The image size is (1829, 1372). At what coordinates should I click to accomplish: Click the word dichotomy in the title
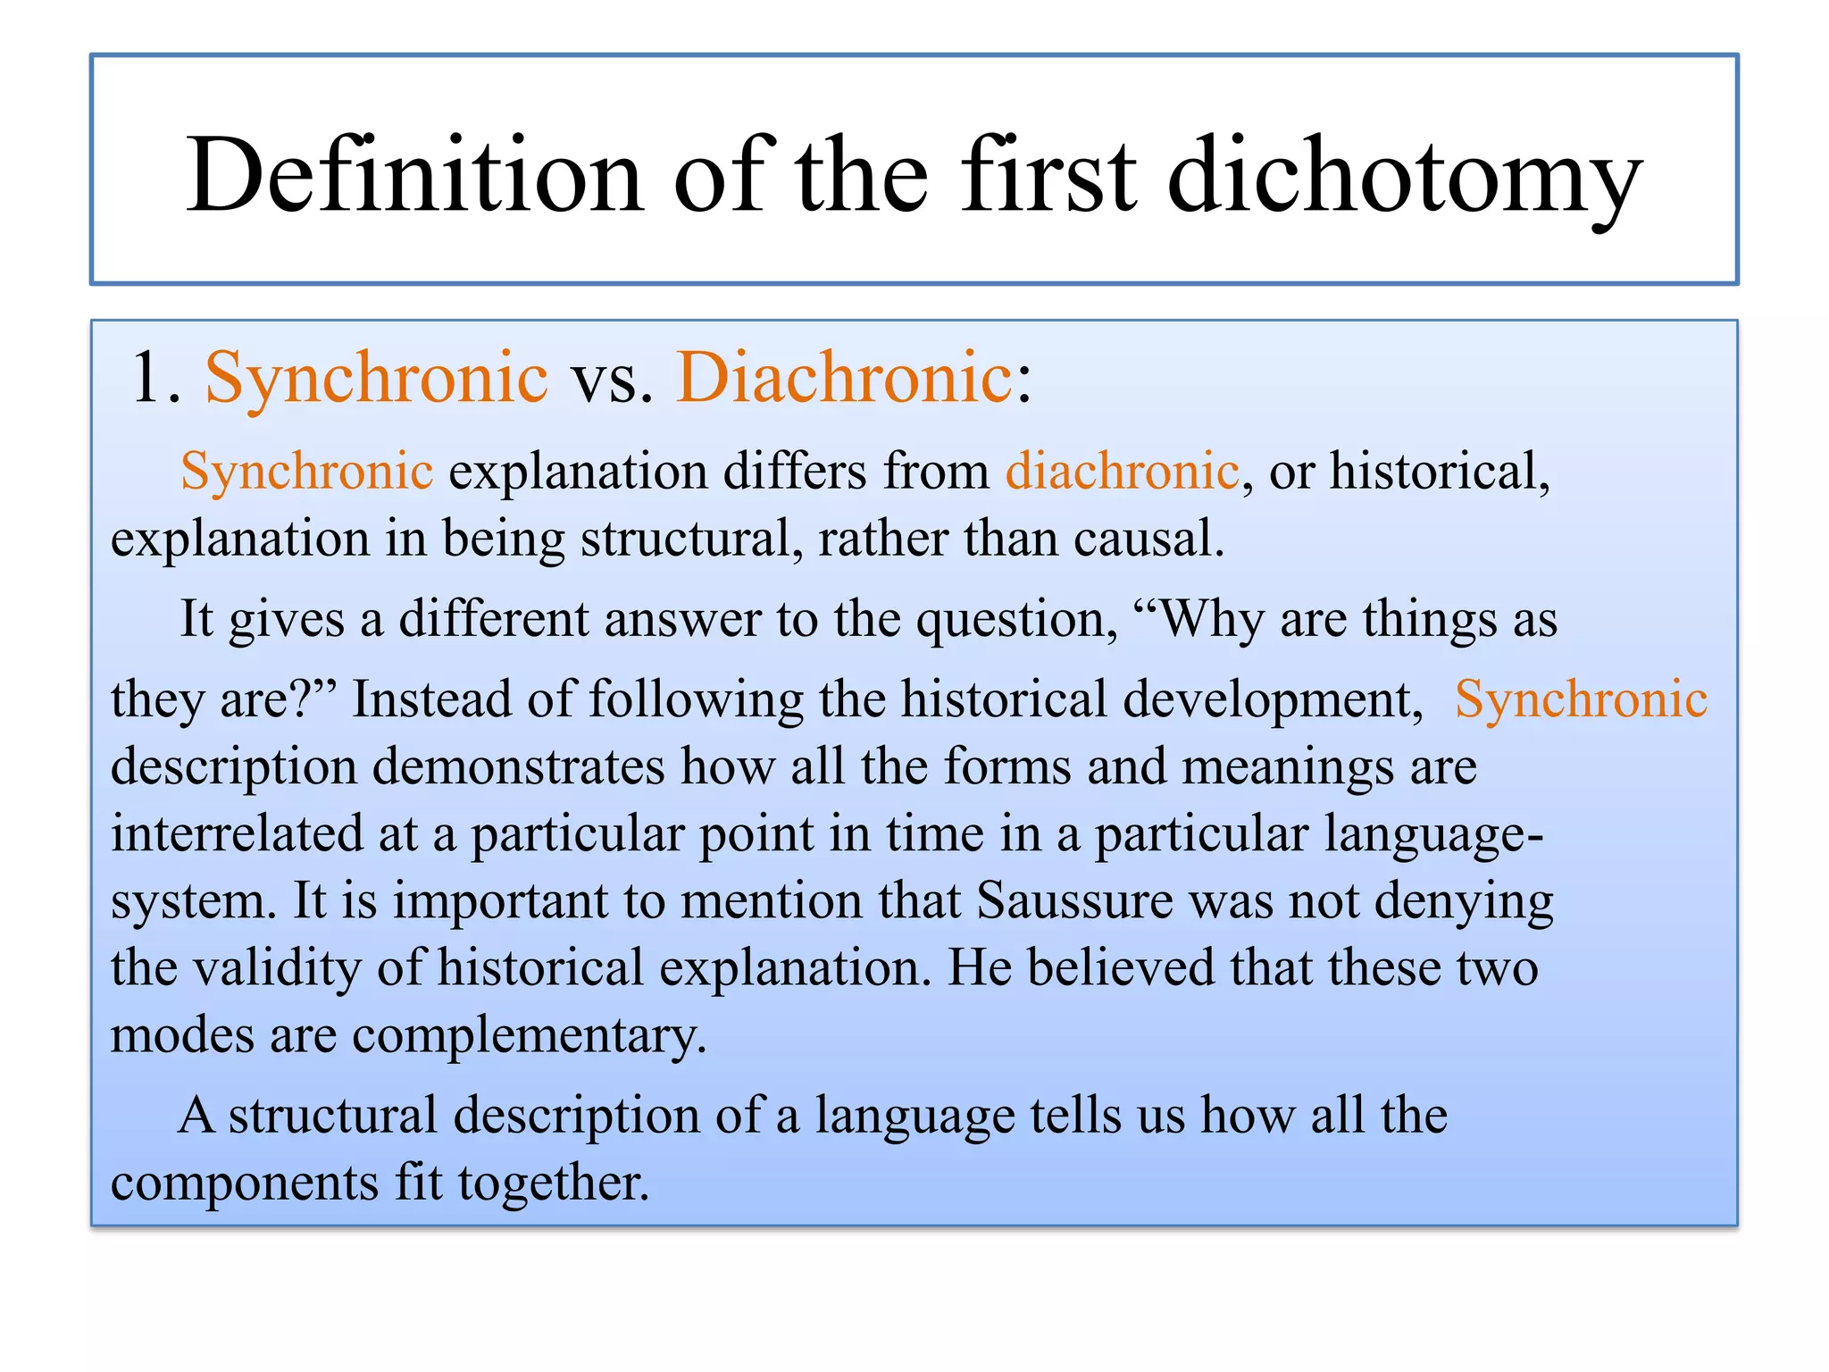pyautogui.click(x=1404, y=176)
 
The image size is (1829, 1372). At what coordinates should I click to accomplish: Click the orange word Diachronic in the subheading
pyautogui.click(x=844, y=377)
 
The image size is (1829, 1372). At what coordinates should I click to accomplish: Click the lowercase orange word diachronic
pyautogui.click(x=1123, y=471)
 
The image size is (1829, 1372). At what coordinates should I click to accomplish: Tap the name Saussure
pyautogui.click(x=1074, y=900)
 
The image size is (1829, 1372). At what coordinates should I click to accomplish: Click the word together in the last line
pyautogui.click(x=553, y=1183)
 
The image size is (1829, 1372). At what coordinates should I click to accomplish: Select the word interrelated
pyautogui.click(x=237, y=833)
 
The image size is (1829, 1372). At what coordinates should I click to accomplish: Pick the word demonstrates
pyautogui.click(x=518, y=767)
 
